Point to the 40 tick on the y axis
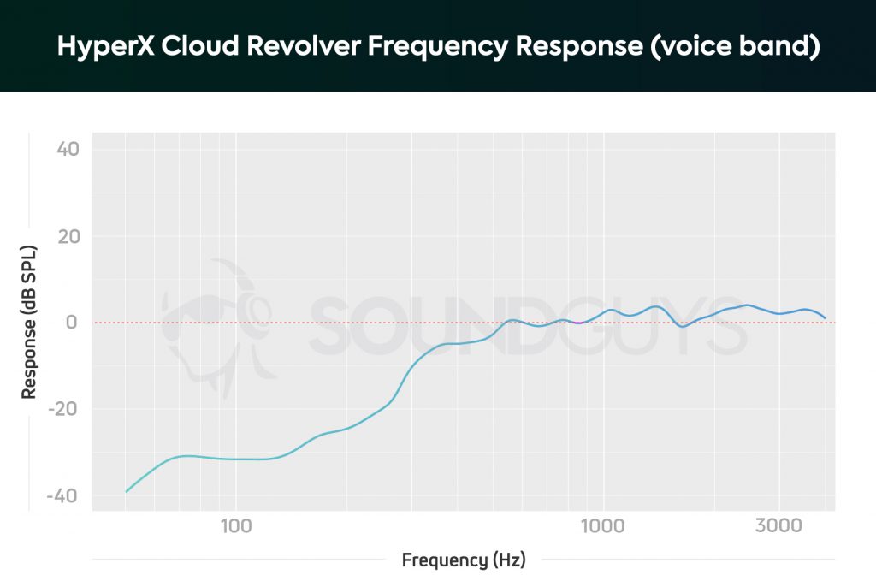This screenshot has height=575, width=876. click(68, 149)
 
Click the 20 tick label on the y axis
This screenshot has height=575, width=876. click(68, 236)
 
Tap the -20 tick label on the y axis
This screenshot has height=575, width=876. click(63, 409)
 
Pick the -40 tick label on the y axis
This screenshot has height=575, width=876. click(63, 496)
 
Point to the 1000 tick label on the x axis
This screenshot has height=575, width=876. click(603, 525)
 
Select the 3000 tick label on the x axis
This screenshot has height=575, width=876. click(778, 525)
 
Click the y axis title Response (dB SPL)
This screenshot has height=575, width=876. click(29, 322)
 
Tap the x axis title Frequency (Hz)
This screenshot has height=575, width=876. click(463, 560)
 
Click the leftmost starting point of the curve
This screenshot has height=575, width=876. click(127, 491)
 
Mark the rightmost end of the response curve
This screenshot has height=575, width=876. click(825, 317)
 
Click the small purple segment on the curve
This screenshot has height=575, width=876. click(578, 323)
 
